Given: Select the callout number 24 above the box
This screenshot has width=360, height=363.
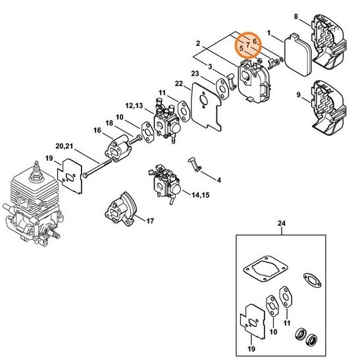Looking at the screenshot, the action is tap(282, 223).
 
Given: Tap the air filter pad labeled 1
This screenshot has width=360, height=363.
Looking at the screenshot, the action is tap(297, 55).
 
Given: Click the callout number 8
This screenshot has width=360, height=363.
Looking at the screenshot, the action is tap(296, 16).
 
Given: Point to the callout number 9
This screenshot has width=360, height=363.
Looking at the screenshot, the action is tap(299, 95).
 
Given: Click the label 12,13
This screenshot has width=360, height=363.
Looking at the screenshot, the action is tap(134, 106).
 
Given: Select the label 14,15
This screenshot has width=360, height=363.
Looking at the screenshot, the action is tap(201, 195).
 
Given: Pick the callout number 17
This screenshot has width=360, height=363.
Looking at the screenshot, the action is tap(150, 221).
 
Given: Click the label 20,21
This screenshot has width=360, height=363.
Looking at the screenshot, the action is tap(64, 146).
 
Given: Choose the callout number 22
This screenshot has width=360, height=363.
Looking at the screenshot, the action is tap(179, 84).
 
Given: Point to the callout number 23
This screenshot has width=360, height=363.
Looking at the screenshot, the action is tap(195, 74).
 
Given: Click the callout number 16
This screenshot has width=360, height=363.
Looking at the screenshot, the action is tap(97, 130).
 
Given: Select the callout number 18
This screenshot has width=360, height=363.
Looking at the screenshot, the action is tap(109, 123).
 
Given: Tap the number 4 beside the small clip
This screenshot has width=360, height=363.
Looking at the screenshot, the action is tap(219, 180).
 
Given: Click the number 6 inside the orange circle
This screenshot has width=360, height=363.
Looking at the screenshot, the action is tap(255, 42).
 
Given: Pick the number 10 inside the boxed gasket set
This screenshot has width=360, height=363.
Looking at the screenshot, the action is tap(273, 332).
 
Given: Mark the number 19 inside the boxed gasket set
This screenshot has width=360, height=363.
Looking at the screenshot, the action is tap(251, 349).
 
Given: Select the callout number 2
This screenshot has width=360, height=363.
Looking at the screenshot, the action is tap(198, 43).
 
